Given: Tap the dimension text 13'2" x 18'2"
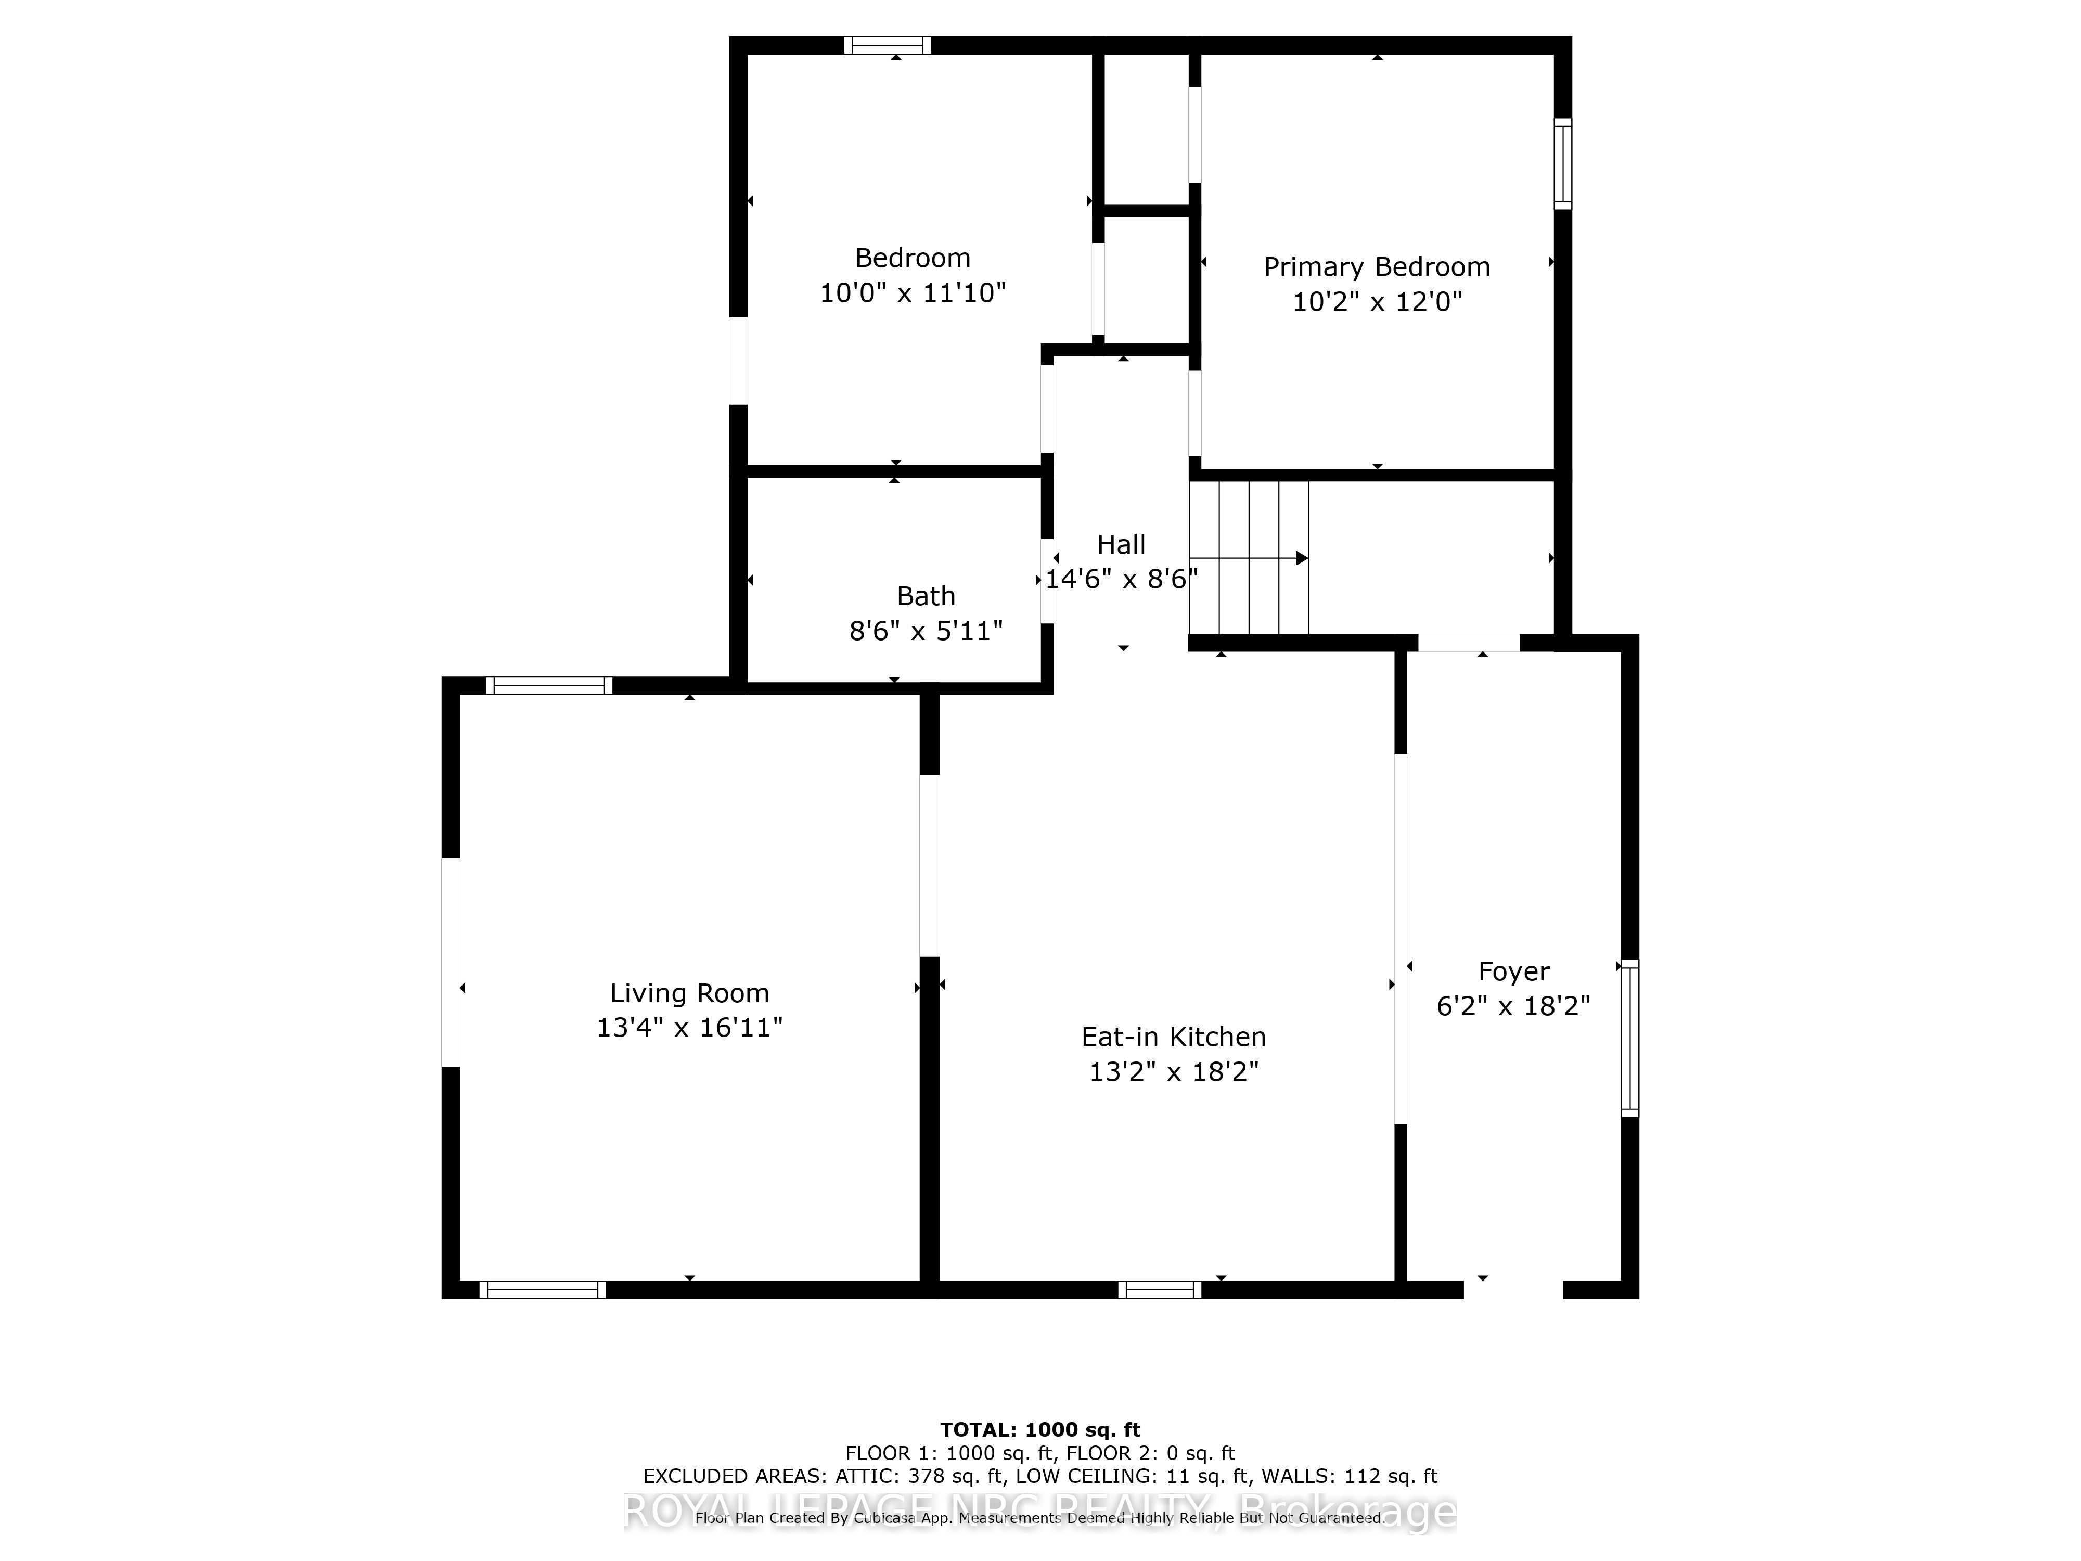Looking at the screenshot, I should pos(1173,1072).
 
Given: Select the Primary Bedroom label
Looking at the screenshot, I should pos(1377,267).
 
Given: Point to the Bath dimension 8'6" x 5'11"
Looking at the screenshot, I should pos(926,631).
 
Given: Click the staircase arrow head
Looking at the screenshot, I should pos(1302,558).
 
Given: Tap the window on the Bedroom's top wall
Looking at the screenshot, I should pos(887,45).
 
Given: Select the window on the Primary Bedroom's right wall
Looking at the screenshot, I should pos(1563,164).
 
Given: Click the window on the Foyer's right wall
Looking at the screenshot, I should pos(1629,1038).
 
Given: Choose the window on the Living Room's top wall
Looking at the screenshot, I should pos(549,686).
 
